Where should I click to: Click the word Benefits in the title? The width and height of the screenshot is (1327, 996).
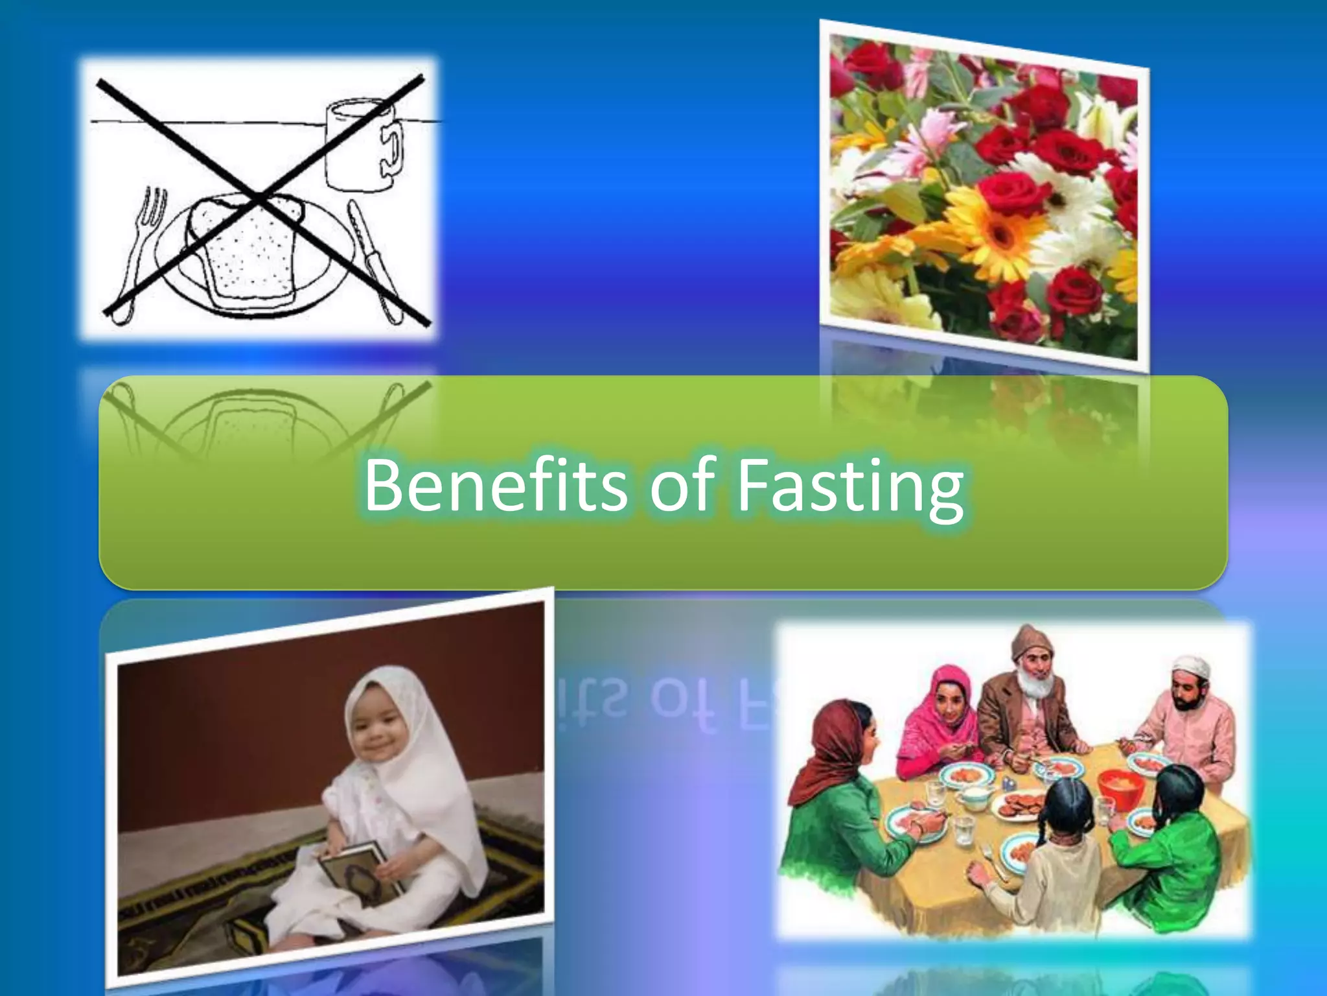[x=495, y=485]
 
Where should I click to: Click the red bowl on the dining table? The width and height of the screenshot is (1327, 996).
[x=1120, y=788]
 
